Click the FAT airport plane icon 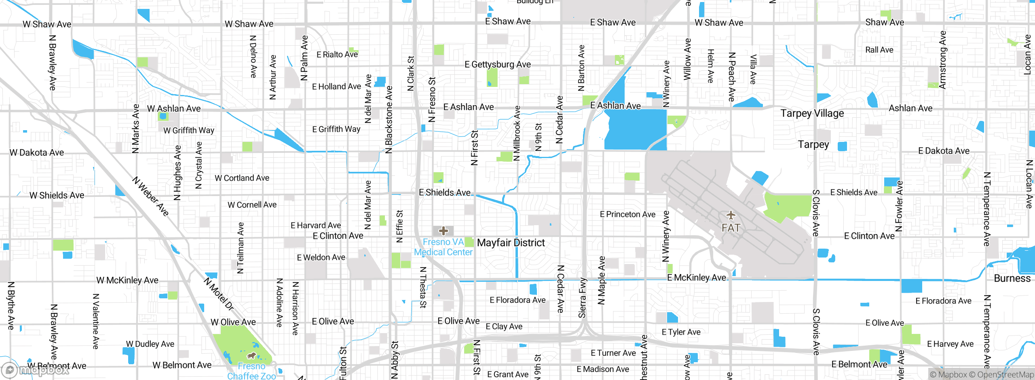coord(731,215)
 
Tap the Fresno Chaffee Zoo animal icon coord(251,356)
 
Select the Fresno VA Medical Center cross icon coord(444,231)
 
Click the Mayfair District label coord(511,243)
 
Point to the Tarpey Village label coord(812,113)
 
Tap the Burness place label coord(1012,278)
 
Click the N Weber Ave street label coord(151,196)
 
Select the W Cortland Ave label coord(242,178)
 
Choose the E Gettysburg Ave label coord(497,64)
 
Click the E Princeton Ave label coord(627,214)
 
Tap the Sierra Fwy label coord(582,298)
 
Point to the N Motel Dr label coord(219,294)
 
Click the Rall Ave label coord(879,50)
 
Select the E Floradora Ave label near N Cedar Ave coord(517,300)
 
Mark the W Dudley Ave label coord(150,344)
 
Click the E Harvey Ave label coord(950,344)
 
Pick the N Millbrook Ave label coord(517,133)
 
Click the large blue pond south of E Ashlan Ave coord(635,129)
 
